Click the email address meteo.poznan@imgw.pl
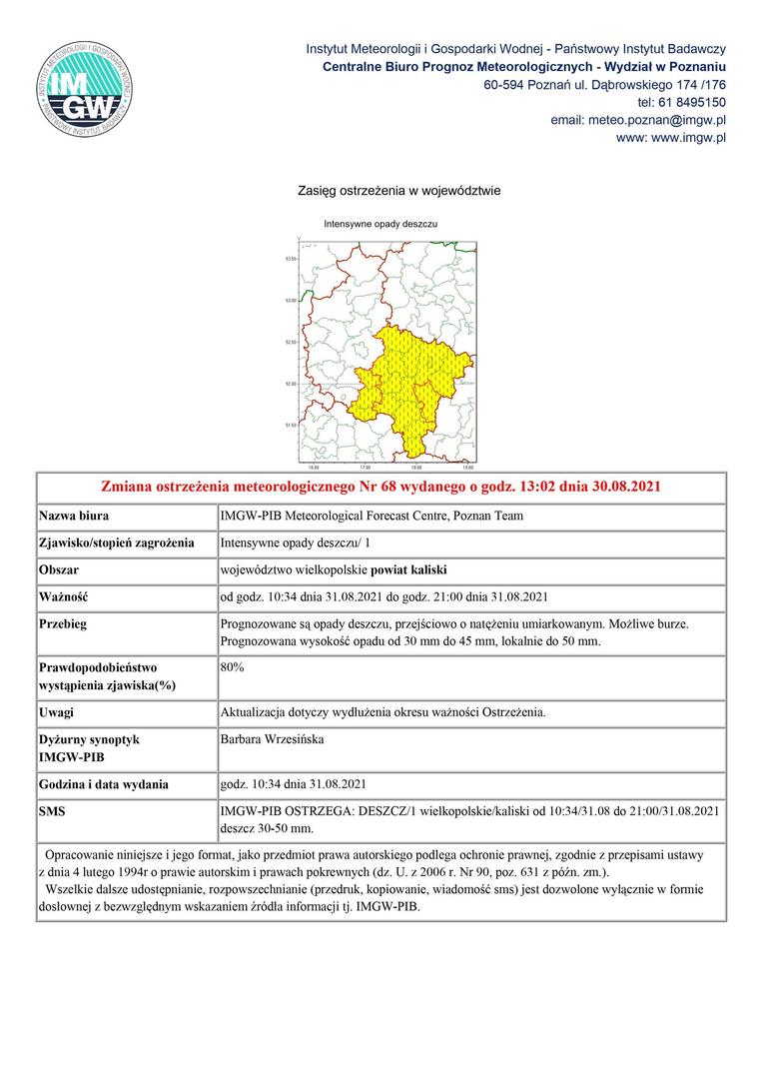coord(638,120)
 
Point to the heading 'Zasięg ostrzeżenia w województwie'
coord(398,190)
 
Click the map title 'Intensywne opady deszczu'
coord(381,225)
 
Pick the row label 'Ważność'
coord(64,597)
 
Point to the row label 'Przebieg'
coord(63,623)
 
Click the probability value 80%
coord(232,666)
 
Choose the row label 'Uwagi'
coord(56,712)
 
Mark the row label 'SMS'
coord(52,811)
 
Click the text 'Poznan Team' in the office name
coord(489,517)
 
